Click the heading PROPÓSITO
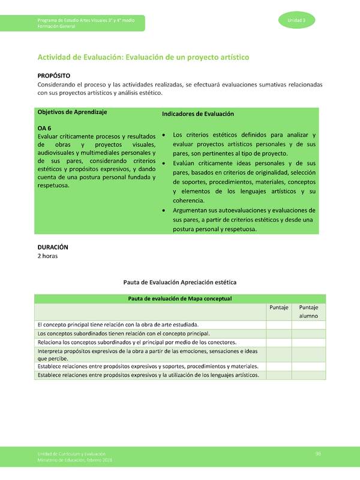coord(54,76)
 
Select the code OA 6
coord(44,128)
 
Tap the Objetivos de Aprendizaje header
coord(72,113)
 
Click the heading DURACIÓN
coord(53,247)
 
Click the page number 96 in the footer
coord(319,454)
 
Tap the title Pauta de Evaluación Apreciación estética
coord(179,281)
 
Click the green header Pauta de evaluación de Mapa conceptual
coord(179,298)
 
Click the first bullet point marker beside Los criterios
coord(164,136)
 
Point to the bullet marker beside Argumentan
coord(164,210)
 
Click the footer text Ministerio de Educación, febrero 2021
coord(74,460)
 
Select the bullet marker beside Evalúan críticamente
coord(164,163)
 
